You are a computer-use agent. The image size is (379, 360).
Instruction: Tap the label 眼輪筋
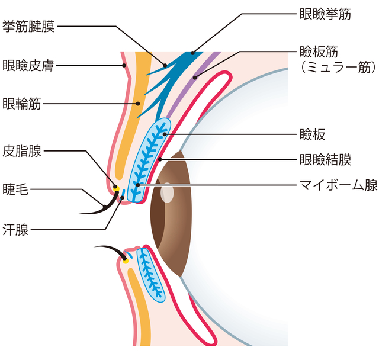point(22,103)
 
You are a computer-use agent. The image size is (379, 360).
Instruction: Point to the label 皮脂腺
point(22,151)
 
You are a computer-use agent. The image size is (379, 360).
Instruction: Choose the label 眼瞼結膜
point(326,159)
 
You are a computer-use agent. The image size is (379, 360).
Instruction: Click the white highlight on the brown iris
point(168,194)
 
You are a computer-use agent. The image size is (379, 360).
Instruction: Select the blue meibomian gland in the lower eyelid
point(150,273)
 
